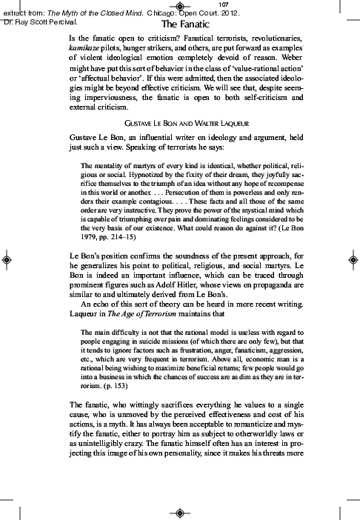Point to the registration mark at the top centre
coord(180,7)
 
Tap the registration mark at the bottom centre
coord(180,513)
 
